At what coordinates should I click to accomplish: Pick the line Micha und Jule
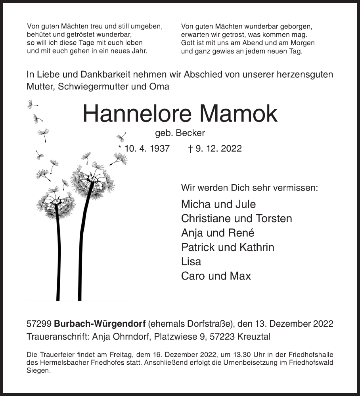pyautogui.click(x=218, y=204)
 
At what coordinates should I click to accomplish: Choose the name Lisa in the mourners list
pyautogui.click(x=191, y=261)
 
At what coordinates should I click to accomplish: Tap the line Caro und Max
pyautogui.click(x=216, y=276)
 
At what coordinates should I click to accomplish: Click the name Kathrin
pyautogui.click(x=257, y=247)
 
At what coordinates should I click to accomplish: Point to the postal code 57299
pyautogui.click(x=38, y=324)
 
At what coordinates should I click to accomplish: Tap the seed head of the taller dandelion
pyautogui.click(x=92, y=180)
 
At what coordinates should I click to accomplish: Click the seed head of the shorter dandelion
pyautogui.click(x=56, y=203)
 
